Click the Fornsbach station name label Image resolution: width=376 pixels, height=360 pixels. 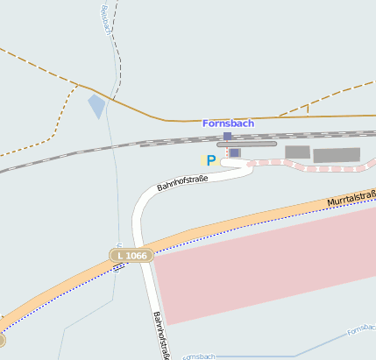(x=228, y=124)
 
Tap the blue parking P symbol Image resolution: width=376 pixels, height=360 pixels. (x=210, y=160)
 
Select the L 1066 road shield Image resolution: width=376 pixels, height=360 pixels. (x=132, y=255)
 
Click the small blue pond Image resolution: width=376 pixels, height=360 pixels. (x=96, y=107)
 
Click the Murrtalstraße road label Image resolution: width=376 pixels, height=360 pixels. (x=351, y=199)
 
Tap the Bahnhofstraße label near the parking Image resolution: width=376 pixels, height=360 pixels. (x=182, y=181)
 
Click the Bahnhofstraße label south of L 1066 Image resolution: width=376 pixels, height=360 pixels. (x=161, y=335)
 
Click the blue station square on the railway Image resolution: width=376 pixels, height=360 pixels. (x=228, y=136)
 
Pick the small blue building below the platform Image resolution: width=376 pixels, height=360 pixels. (x=234, y=152)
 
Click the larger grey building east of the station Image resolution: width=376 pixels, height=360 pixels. (x=337, y=155)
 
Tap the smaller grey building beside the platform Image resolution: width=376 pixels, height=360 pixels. (x=297, y=152)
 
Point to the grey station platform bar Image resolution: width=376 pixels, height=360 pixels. (x=246, y=144)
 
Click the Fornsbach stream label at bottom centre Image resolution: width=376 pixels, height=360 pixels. (x=199, y=356)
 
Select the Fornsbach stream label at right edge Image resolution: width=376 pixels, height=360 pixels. (x=360, y=329)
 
